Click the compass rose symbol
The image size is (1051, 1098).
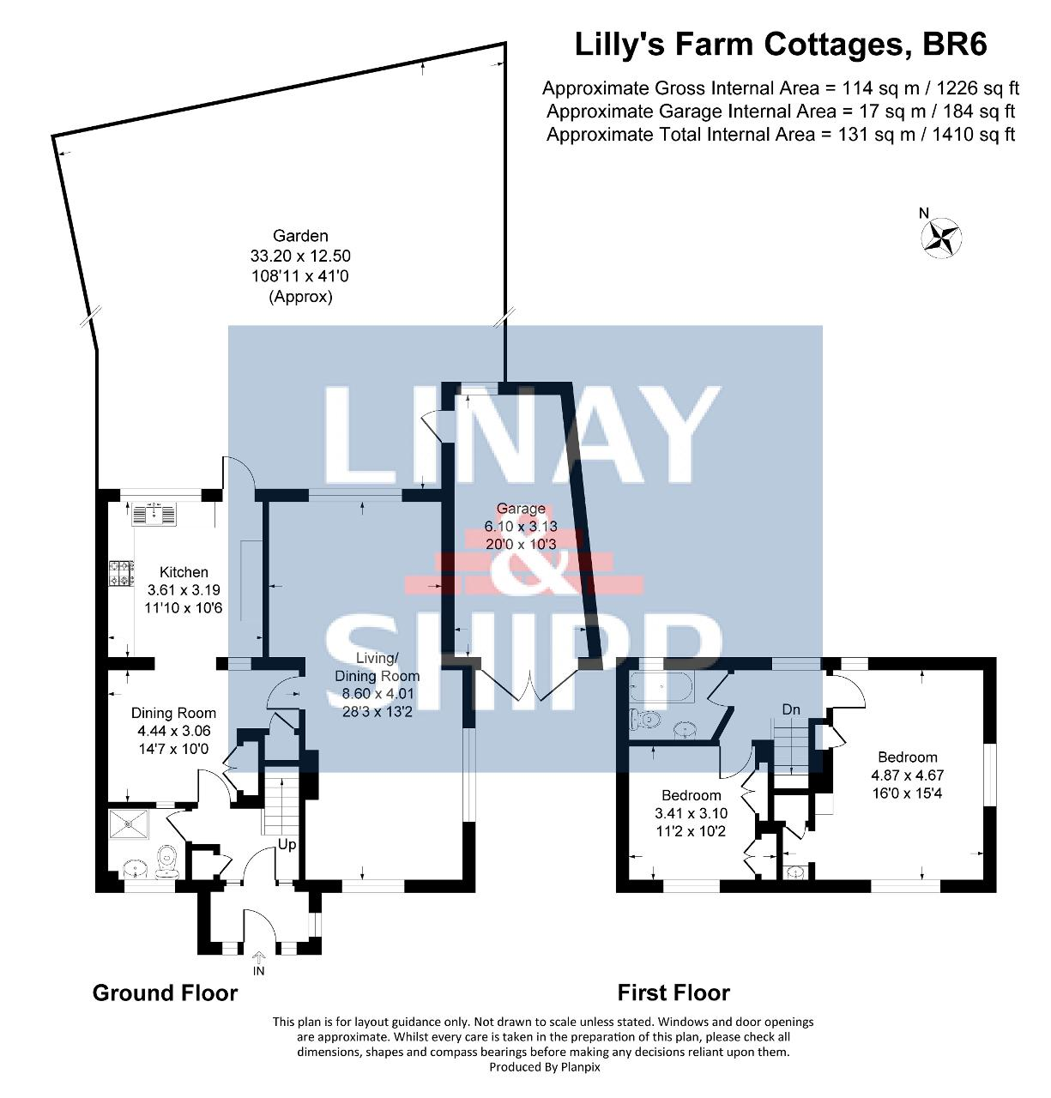(941, 238)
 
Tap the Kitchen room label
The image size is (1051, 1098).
(184, 572)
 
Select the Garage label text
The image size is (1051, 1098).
(521, 509)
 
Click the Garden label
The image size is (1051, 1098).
(300, 236)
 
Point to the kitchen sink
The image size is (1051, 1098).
(154, 514)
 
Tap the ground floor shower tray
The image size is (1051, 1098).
(130, 824)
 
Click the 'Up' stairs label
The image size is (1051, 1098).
(287, 845)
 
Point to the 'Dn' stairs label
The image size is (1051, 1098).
(791, 709)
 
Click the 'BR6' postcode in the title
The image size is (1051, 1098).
(953, 45)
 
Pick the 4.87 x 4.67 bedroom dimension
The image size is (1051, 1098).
(907, 775)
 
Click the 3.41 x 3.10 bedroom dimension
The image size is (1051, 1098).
(691, 813)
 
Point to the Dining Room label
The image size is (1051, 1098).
(173, 713)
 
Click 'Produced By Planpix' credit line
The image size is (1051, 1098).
(545, 1066)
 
